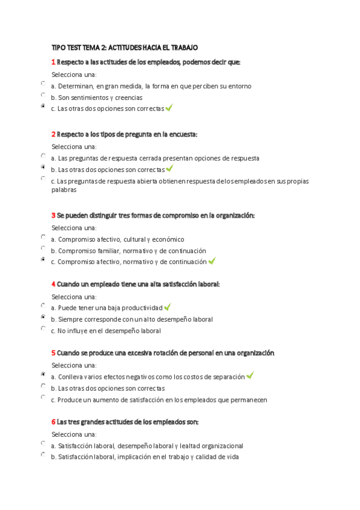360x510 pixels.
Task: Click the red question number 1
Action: pos(53,62)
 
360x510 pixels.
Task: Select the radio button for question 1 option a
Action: pos(43,84)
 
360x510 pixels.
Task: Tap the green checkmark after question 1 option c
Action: pos(169,108)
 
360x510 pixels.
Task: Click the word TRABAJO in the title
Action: pos(181,48)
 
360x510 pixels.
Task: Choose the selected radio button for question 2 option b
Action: pos(43,167)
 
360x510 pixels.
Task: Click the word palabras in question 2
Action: pos(64,189)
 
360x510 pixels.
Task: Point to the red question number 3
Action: pos(53,215)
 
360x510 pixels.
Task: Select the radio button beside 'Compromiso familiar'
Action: pos(43,248)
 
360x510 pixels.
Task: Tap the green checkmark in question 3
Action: pos(212,261)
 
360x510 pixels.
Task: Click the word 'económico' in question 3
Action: pos(169,239)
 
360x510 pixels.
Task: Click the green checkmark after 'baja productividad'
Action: pos(168,307)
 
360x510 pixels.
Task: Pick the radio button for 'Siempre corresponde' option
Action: pos(43,316)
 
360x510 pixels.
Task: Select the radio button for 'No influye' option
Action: pos(43,328)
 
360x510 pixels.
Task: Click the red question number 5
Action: pos(53,353)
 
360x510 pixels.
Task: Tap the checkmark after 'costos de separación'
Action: pos(250,375)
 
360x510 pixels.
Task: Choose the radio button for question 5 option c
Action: pos(43,397)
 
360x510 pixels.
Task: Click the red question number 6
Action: pos(53,422)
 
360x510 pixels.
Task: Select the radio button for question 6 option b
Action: pos(43,454)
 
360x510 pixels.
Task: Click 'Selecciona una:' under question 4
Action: pos(74,296)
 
